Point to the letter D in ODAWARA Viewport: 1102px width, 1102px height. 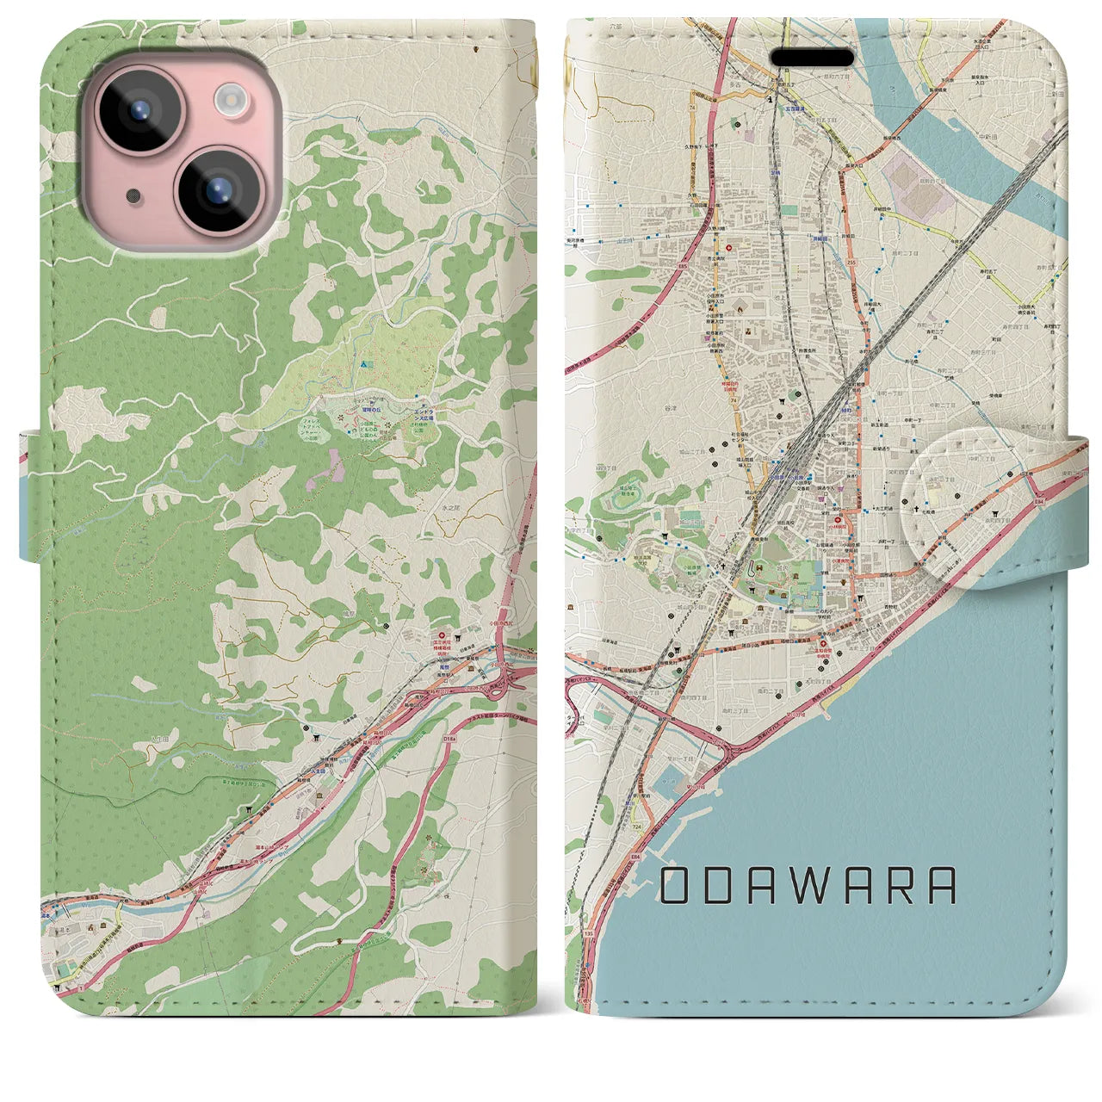(x=720, y=886)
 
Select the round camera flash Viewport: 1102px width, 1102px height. (x=230, y=98)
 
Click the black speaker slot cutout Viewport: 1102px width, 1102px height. (x=812, y=59)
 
